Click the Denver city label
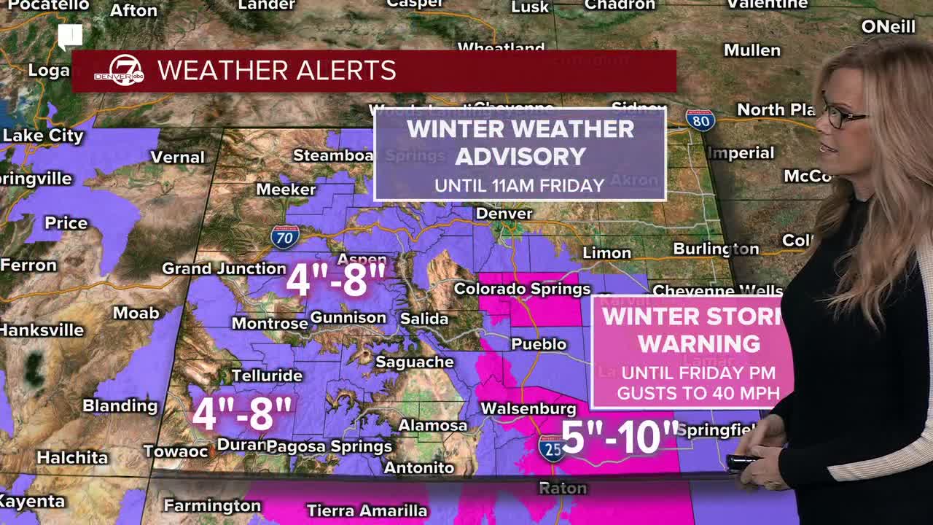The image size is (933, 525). (504, 214)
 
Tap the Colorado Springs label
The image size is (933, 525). (522, 289)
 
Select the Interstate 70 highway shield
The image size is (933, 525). (284, 237)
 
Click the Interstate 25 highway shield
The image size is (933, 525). (552, 449)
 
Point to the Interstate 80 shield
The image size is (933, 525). (700, 120)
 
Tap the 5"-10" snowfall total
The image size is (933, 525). (620, 436)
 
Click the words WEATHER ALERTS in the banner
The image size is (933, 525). (277, 71)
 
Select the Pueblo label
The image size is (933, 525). (539, 344)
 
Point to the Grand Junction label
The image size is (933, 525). (224, 268)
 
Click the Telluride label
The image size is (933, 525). (267, 376)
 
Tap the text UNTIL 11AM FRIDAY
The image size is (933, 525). (520, 185)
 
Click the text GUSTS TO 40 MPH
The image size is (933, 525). (698, 394)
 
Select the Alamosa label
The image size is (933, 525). (433, 425)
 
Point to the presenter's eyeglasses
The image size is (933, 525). (843, 115)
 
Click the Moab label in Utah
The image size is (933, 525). (136, 313)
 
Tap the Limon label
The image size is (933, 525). (606, 253)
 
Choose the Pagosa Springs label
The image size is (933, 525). (329, 446)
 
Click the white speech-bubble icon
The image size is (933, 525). (70, 36)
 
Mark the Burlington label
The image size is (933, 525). (716, 249)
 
